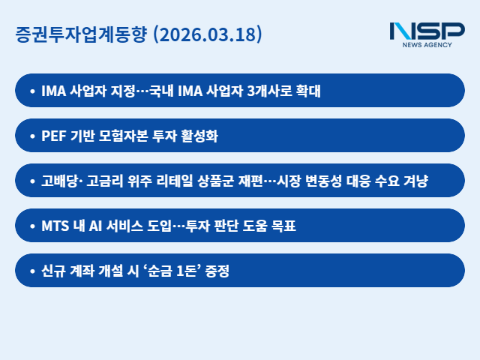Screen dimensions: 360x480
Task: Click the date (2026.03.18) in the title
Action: pyautogui.click(x=207, y=34)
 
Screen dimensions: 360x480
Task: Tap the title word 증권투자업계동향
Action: pyautogui.click(x=82, y=34)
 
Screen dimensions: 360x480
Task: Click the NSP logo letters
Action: pyautogui.click(x=427, y=31)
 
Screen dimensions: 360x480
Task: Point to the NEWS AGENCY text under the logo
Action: pyautogui.click(x=427, y=46)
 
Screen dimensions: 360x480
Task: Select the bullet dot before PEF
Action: pyautogui.click(x=31, y=136)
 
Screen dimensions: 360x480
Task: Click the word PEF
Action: pyautogui.click(x=54, y=136)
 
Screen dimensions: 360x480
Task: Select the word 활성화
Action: pyautogui.click(x=199, y=136)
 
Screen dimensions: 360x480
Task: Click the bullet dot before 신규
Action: pyautogui.click(x=31, y=271)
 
